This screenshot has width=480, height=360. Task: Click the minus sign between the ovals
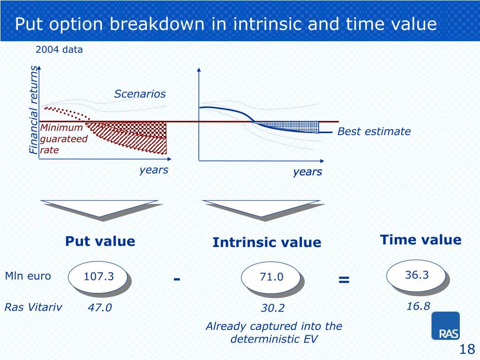177,278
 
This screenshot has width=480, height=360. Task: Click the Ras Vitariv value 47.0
99,307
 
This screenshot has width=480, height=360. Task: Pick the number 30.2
272,308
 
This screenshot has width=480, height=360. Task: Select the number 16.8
418,306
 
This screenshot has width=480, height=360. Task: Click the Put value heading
100,241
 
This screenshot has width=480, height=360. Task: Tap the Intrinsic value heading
267,242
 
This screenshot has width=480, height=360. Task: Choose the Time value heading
420,240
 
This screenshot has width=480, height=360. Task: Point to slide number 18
467,349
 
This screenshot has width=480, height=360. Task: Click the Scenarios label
140,94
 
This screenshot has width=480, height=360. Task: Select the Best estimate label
374,132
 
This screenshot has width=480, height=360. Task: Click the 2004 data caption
59,50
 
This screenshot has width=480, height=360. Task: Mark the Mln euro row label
28,276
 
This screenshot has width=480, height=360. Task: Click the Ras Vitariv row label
33,307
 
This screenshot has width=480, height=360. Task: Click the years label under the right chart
307,172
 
